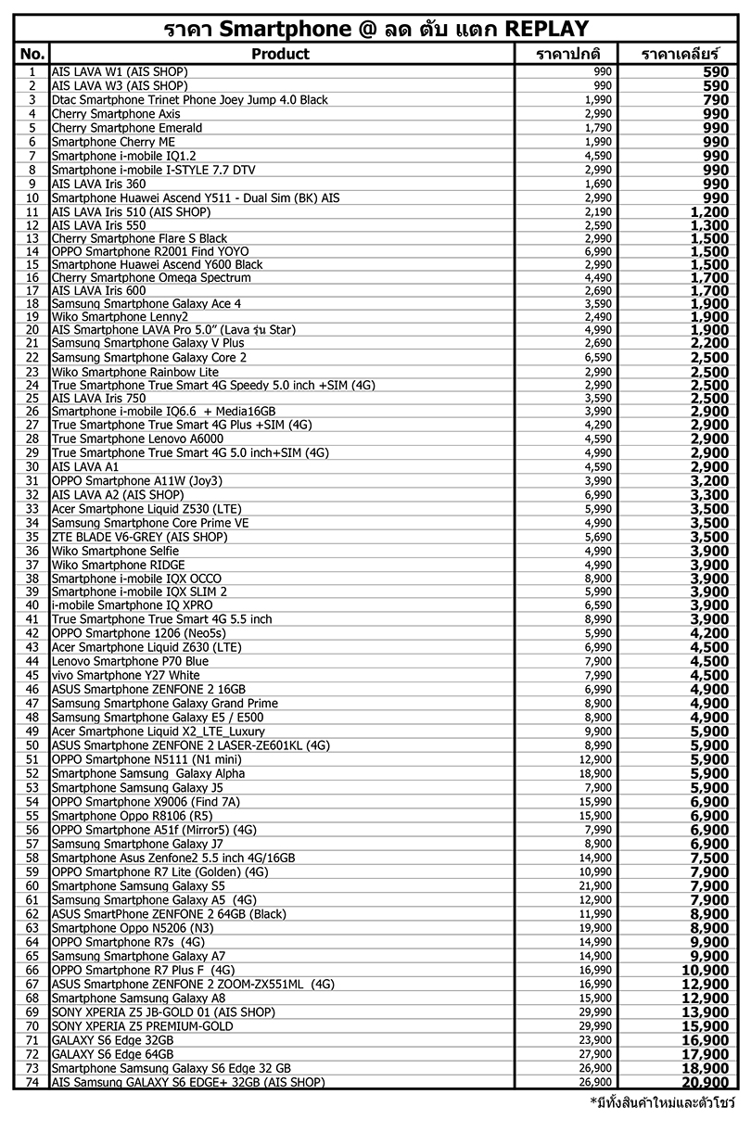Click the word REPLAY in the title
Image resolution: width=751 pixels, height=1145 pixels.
(x=547, y=28)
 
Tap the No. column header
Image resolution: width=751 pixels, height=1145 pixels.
(x=32, y=54)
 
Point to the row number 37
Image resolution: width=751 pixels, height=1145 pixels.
(x=32, y=565)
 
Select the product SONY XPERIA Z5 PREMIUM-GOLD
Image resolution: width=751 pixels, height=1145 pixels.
(x=142, y=1026)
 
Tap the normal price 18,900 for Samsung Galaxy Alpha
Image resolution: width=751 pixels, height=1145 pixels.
(x=596, y=773)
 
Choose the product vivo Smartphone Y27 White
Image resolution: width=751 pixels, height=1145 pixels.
(x=125, y=676)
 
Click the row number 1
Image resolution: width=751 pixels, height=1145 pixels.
(x=32, y=72)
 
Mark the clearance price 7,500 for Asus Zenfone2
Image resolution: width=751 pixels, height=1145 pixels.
(x=710, y=858)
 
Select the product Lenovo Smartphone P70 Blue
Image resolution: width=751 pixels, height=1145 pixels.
(x=130, y=662)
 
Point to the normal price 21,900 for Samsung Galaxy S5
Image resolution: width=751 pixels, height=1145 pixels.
(x=596, y=885)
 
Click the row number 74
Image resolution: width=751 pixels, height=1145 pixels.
(x=32, y=1082)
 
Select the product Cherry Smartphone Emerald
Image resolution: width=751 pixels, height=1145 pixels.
(x=126, y=128)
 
